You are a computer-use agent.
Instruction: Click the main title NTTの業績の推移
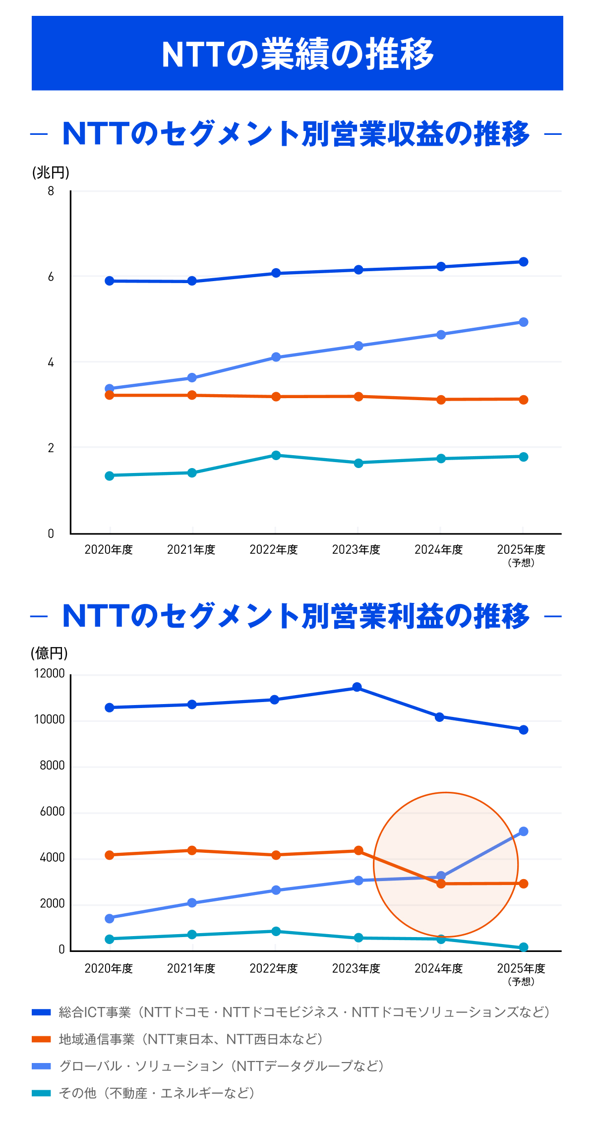pyautogui.click(x=297, y=54)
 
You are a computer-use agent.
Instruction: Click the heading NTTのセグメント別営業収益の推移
pyautogui.click(x=296, y=134)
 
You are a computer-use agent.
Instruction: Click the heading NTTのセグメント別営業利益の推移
pyautogui.click(x=296, y=616)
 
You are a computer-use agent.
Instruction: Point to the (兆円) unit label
pyautogui.click(x=51, y=173)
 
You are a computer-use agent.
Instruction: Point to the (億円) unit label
pyautogui.click(x=49, y=653)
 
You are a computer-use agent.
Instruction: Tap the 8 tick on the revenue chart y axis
pyautogui.click(x=51, y=191)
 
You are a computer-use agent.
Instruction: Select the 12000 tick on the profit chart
pyautogui.click(x=49, y=673)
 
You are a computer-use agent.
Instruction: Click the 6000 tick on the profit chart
pyautogui.click(x=52, y=812)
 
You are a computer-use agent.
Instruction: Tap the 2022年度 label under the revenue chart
pyautogui.click(x=274, y=549)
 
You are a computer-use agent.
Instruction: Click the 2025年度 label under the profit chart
pyautogui.click(x=521, y=968)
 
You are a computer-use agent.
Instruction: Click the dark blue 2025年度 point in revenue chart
pyautogui.click(x=524, y=262)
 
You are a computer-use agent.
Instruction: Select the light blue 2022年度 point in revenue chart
pyautogui.click(x=276, y=357)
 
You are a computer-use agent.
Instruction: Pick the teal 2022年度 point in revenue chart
pyautogui.click(x=276, y=455)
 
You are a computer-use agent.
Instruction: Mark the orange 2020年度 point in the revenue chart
pyautogui.click(x=110, y=395)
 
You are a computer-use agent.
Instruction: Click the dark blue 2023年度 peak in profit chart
pyautogui.click(x=357, y=687)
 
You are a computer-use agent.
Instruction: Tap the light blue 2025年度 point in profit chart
pyautogui.click(x=524, y=831)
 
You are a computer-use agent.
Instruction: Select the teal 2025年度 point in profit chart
pyautogui.click(x=524, y=947)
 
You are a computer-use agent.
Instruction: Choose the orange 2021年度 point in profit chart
pyautogui.click(x=192, y=850)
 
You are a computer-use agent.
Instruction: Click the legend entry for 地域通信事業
pyautogui.click(x=191, y=1039)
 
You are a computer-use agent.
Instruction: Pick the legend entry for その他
pyautogui.click(x=156, y=1093)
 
